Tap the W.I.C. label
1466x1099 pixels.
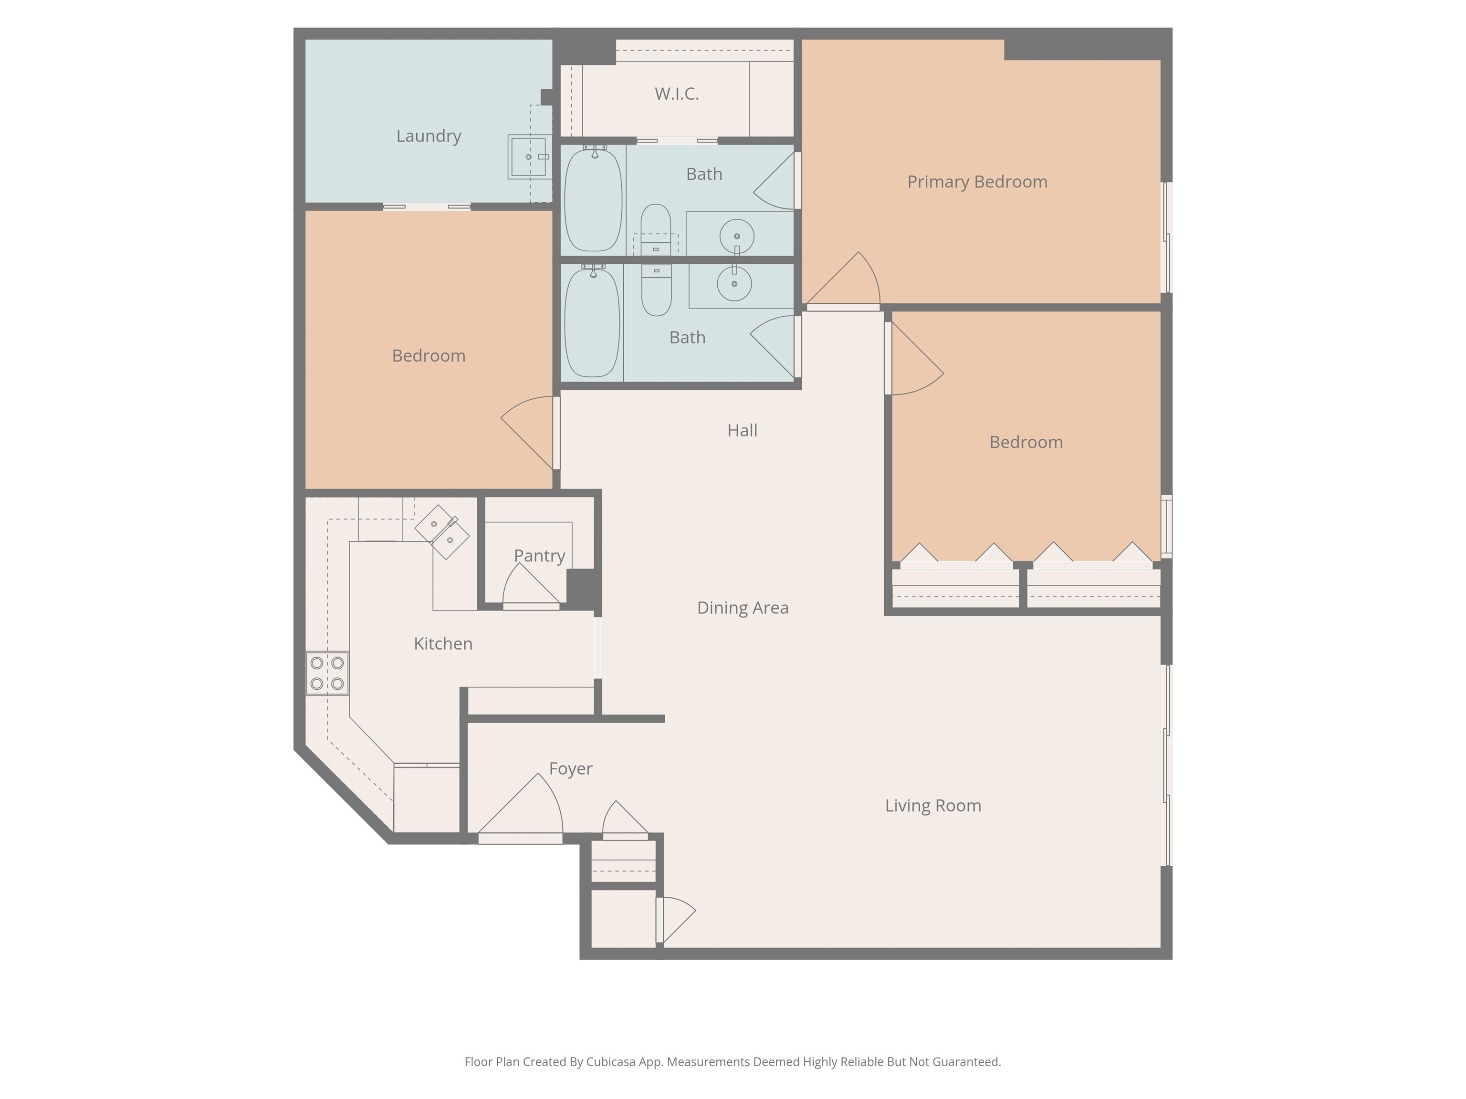[677, 93]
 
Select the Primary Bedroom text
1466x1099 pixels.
[977, 182]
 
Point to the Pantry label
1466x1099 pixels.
[539, 556]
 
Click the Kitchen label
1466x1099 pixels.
[443, 643]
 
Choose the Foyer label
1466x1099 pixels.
[571, 768]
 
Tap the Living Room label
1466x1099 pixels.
[933, 806]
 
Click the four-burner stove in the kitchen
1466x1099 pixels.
[327, 673]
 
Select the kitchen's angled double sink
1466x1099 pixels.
[442, 532]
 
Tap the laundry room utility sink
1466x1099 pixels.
[529, 157]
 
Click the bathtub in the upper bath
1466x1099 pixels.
[593, 199]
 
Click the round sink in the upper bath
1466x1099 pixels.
[736, 236]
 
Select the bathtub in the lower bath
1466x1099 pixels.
[592, 322]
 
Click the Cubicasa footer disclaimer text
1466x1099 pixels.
[733, 1062]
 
